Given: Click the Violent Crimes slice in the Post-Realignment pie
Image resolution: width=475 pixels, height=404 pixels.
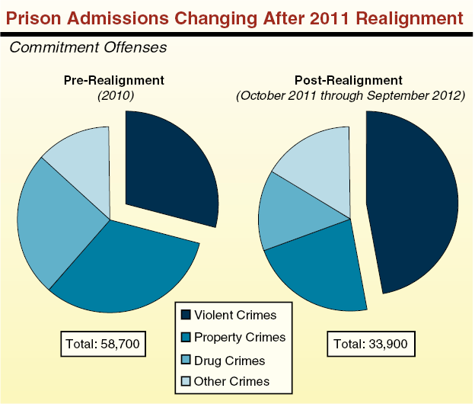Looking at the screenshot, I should (x=415, y=202).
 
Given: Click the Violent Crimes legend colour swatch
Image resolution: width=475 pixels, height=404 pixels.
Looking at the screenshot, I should (x=185, y=314).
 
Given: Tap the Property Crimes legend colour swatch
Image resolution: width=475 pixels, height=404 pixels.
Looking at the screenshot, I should (x=185, y=337).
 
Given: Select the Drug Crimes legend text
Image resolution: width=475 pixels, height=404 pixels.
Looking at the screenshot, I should (x=229, y=360).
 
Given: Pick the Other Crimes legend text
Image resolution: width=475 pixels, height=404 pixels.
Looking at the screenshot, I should (x=231, y=382).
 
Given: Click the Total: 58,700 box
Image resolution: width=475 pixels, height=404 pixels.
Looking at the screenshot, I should (x=103, y=345).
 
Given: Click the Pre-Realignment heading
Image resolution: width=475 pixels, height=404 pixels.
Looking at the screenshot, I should (x=113, y=80).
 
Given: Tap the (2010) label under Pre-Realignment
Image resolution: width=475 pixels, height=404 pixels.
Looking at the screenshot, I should (x=113, y=96).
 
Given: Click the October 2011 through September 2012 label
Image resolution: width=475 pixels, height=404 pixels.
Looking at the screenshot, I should (x=350, y=96).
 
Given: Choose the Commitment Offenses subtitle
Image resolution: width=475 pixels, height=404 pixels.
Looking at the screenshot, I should (x=88, y=46).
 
